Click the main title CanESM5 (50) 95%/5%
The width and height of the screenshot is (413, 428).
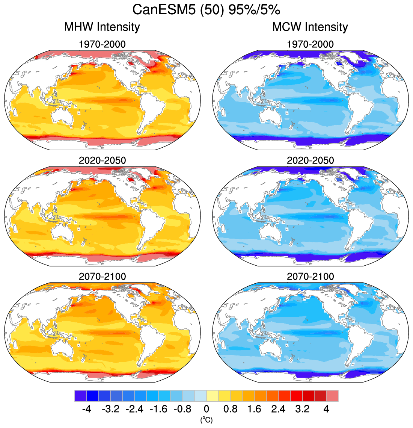[206, 10]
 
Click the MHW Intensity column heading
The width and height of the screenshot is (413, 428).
[102, 27]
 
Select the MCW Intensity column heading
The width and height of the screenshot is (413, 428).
[310, 27]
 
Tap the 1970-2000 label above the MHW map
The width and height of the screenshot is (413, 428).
[102, 44]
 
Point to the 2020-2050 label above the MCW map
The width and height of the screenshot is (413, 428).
[310, 160]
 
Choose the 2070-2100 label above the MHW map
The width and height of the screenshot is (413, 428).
[102, 277]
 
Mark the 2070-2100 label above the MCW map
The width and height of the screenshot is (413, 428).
[310, 277]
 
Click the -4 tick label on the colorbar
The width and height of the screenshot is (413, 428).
[86, 409]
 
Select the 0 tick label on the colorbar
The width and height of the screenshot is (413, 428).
[206, 409]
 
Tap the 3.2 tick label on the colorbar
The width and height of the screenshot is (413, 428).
[302, 409]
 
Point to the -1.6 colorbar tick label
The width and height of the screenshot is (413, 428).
[158, 409]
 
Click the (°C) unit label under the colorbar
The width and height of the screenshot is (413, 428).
[206, 419]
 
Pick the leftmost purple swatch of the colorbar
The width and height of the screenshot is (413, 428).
[81, 396]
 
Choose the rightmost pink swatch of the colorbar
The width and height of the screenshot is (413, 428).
[332, 396]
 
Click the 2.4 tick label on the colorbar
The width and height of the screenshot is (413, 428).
[278, 409]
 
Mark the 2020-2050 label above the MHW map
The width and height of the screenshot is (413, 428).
[102, 160]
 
